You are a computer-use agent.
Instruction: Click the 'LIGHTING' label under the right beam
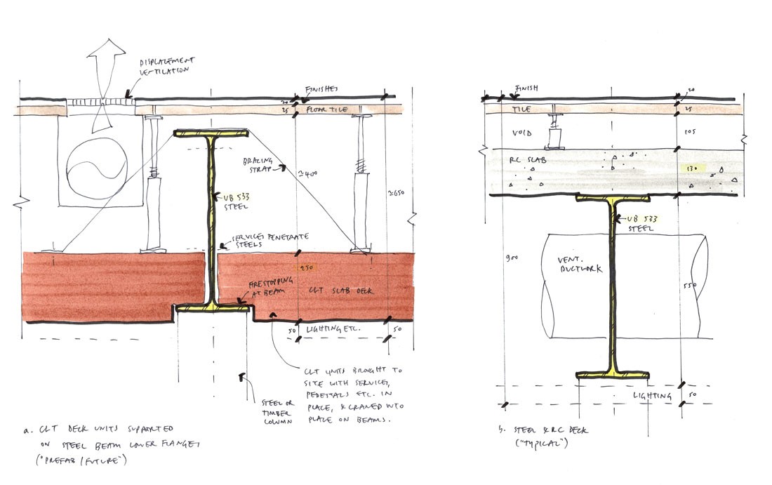(650, 396)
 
